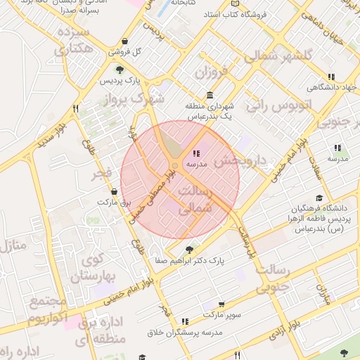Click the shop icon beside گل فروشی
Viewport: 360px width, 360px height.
[x=124, y=41]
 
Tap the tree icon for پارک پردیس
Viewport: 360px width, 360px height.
[x=120, y=69]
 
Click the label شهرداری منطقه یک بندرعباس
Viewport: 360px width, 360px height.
[x=208, y=111]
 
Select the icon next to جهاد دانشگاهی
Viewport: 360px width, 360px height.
[x=330, y=77]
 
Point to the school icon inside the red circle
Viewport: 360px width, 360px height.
[x=195, y=153]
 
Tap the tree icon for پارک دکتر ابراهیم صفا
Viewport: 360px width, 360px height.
[x=188, y=249]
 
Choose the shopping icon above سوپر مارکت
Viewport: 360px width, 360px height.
[x=221, y=304]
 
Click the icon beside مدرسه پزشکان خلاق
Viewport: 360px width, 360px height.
[x=185, y=321]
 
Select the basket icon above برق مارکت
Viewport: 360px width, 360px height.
[x=114, y=191]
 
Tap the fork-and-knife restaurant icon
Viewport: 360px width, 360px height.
[x=75, y=109]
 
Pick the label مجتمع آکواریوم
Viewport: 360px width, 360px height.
[x=48, y=310]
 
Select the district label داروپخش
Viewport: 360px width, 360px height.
[x=240, y=160]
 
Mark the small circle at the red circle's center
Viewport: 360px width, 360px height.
[x=174, y=166]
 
